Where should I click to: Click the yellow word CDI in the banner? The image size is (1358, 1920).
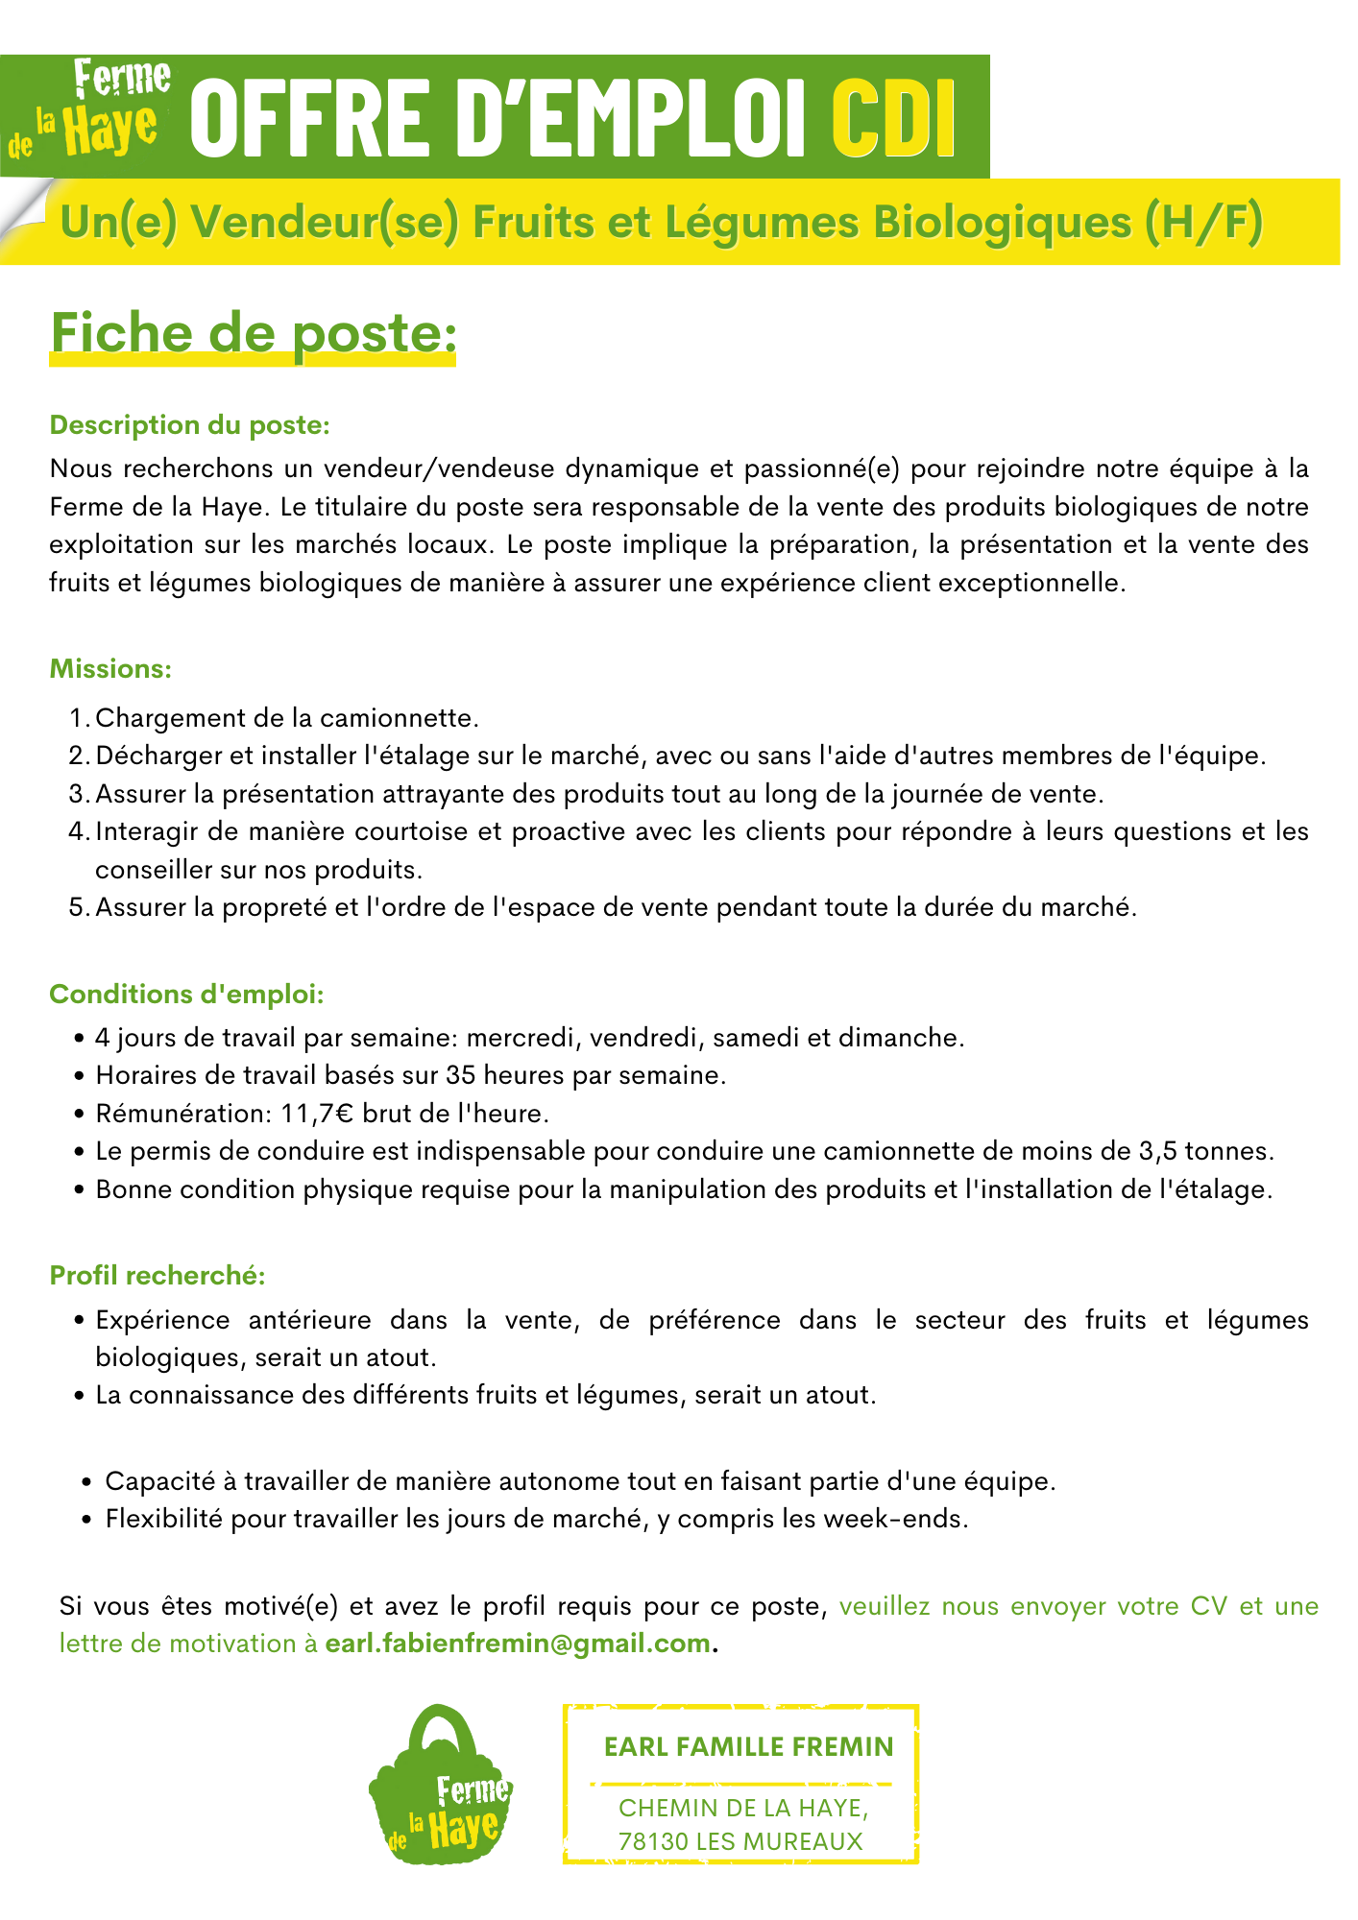point(894,118)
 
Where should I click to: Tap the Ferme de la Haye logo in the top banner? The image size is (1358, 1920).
point(91,108)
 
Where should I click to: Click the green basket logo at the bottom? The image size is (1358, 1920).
point(440,1788)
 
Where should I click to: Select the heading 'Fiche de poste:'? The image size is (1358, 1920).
point(253,334)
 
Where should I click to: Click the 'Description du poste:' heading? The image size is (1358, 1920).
point(190,425)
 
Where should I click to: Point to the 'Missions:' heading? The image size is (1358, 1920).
point(110,669)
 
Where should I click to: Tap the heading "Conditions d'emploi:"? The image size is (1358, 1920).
point(187,995)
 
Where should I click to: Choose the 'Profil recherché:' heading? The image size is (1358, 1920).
point(158,1276)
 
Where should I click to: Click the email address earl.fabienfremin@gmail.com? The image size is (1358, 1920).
point(518,1644)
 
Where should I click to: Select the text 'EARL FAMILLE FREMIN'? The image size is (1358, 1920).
point(748,1746)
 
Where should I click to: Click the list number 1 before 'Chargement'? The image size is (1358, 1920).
point(78,718)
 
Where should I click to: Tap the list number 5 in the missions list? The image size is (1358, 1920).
point(78,907)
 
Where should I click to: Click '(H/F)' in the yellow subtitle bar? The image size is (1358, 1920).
point(1203,223)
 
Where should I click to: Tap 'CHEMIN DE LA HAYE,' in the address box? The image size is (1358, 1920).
point(743,1808)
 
